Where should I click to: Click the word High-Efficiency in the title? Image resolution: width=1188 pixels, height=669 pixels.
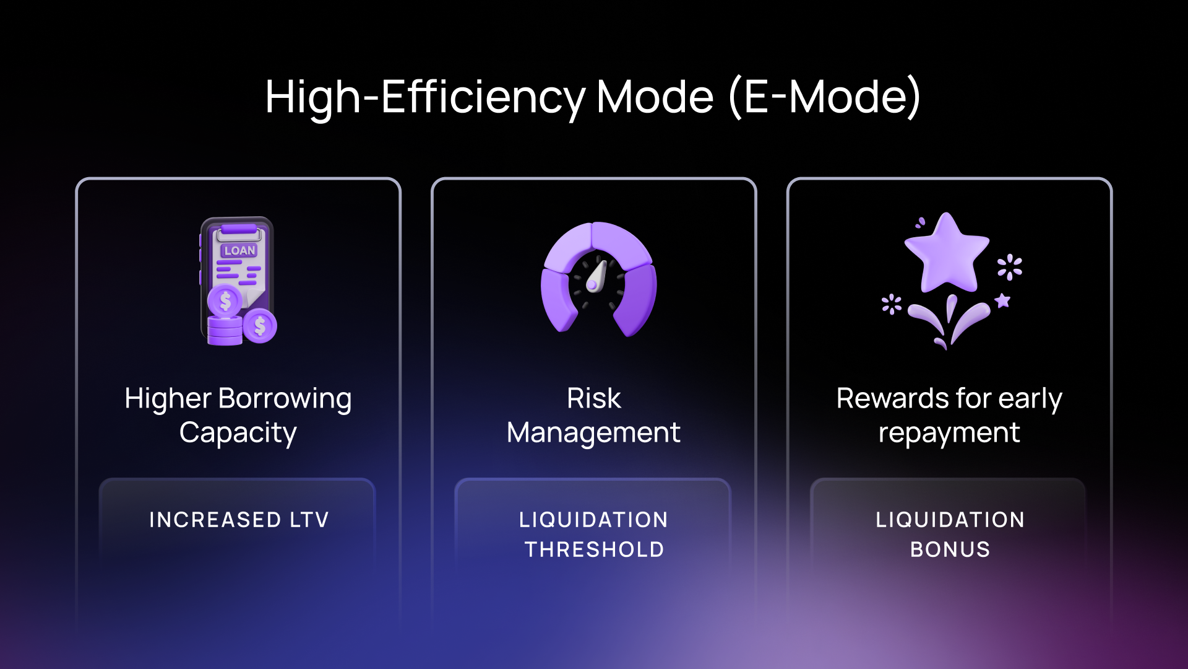pyautogui.click(x=425, y=98)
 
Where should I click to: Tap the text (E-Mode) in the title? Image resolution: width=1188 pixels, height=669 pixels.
pyautogui.click(x=825, y=97)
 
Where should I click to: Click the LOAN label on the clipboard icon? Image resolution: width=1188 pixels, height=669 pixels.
pyautogui.click(x=239, y=250)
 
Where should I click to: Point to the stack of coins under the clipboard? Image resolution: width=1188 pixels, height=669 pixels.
pyautogui.click(x=225, y=330)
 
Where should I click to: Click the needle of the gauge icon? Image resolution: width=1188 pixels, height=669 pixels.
pyautogui.click(x=596, y=276)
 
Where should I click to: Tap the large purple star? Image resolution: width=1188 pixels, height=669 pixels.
pyautogui.click(x=947, y=253)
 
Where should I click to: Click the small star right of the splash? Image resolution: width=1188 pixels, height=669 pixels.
pyautogui.click(x=1002, y=301)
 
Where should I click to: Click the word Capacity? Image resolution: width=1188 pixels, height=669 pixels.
pyautogui.click(x=238, y=433)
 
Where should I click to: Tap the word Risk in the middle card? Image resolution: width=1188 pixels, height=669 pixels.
pyautogui.click(x=594, y=398)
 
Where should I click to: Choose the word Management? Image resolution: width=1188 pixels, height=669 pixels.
pyautogui.click(x=594, y=433)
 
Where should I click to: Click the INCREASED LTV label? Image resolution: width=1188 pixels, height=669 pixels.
pyautogui.click(x=239, y=520)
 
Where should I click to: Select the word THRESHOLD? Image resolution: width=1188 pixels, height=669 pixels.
pyautogui.click(x=594, y=549)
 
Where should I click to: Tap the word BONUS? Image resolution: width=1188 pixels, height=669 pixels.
pyautogui.click(x=950, y=549)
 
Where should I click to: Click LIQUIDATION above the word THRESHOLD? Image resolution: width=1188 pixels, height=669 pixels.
pyautogui.click(x=594, y=520)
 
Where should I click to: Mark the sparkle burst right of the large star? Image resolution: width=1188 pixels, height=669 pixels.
pyautogui.click(x=1010, y=267)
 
